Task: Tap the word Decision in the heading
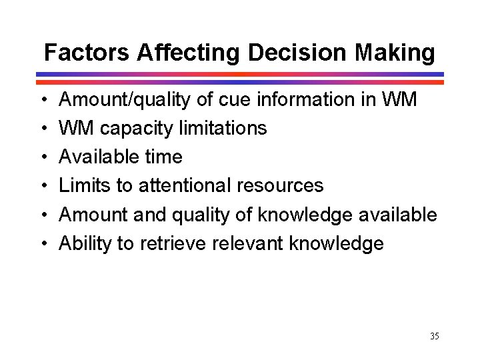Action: click(x=299, y=52)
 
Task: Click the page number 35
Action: click(x=434, y=336)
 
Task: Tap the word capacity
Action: click(x=136, y=129)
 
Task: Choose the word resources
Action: click(x=282, y=186)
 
